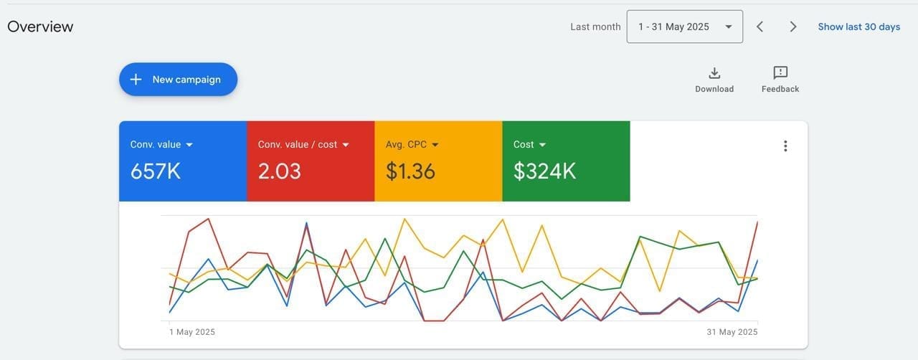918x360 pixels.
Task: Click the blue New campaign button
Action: tap(178, 80)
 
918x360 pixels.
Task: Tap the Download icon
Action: tap(714, 73)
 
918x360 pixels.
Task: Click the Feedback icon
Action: tap(780, 73)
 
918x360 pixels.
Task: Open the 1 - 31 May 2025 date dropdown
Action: tap(684, 27)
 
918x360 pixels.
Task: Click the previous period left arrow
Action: tap(760, 27)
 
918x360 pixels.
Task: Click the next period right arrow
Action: tap(793, 27)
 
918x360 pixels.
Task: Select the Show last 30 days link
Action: tap(858, 27)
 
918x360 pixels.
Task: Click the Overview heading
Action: tap(40, 27)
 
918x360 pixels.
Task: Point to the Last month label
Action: tap(595, 27)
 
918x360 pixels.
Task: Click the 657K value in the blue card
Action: tap(156, 171)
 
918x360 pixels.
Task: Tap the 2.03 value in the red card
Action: tap(280, 171)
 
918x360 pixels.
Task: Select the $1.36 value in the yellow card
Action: tap(410, 171)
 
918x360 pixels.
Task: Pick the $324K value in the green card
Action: tap(544, 171)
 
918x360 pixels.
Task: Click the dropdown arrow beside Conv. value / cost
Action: tap(346, 145)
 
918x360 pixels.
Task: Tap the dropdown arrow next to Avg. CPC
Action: tap(435, 145)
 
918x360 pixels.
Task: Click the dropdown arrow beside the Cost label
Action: tap(542, 145)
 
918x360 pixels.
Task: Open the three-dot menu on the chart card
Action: tap(785, 146)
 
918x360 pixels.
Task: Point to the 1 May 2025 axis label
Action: tap(192, 332)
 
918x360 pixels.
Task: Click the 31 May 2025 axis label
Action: tap(732, 332)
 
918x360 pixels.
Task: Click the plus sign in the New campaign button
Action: tap(136, 80)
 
